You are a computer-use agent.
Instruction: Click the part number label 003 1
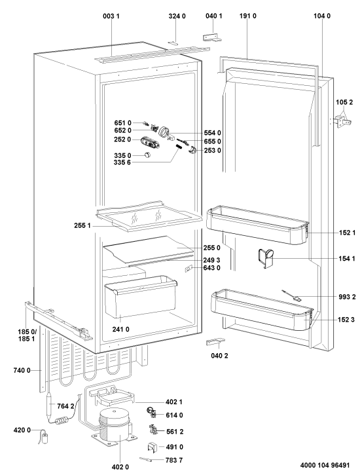[111, 16]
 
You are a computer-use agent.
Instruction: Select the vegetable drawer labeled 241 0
[141, 297]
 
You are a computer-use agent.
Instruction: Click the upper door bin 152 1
[257, 225]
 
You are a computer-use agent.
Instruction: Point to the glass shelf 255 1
[149, 216]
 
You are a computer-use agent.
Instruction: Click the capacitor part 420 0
[45, 438]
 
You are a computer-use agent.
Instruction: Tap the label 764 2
[65, 406]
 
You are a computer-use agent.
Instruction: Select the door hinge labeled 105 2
[342, 121]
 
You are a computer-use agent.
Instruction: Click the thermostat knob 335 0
[147, 155]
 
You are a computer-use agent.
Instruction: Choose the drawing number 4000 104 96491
[325, 465]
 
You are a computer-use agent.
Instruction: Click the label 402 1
[173, 402]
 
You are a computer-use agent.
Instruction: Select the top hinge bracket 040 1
[212, 37]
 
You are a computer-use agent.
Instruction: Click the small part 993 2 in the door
[291, 295]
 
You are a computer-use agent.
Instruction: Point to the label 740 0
[22, 370]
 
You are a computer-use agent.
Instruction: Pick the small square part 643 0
[189, 268]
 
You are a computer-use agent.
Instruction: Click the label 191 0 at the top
[248, 16]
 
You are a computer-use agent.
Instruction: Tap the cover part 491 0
[153, 447]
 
